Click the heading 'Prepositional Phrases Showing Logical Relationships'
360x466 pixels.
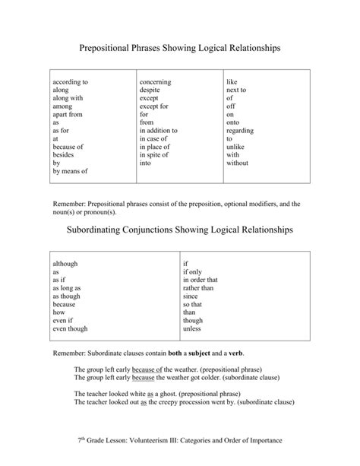tap(180, 48)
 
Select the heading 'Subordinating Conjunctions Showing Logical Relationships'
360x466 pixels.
tap(180, 230)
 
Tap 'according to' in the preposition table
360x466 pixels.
tap(71, 81)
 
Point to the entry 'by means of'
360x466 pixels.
tap(70, 172)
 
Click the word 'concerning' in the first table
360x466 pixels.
tap(156, 81)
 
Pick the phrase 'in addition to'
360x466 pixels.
tap(159, 130)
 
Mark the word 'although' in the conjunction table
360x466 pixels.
tap(65, 264)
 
